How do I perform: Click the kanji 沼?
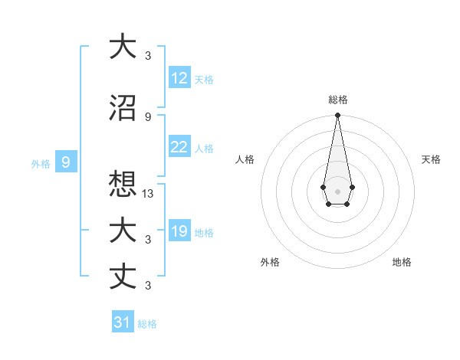click(x=123, y=107)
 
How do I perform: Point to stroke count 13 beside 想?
click(x=149, y=194)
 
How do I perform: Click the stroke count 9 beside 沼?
click(x=148, y=116)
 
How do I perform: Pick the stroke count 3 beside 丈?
click(x=148, y=286)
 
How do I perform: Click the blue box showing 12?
click(x=179, y=78)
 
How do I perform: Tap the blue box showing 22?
click(x=179, y=148)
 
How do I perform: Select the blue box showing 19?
click(x=179, y=232)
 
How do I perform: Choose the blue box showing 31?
click(x=123, y=322)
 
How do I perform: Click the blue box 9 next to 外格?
click(x=66, y=162)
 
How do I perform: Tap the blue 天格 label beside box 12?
click(x=204, y=80)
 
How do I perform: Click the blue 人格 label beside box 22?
click(x=204, y=149)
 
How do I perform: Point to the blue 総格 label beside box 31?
click(x=147, y=324)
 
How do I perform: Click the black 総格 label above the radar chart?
click(x=337, y=100)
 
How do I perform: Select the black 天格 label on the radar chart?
click(x=431, y=159)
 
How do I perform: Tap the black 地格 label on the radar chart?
click(x=402, y=262)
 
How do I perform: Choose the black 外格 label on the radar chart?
click(x=270, y=262)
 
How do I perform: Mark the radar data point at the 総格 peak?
click(x=337, y=116)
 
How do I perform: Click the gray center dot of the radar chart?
click(x=337, y=190)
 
